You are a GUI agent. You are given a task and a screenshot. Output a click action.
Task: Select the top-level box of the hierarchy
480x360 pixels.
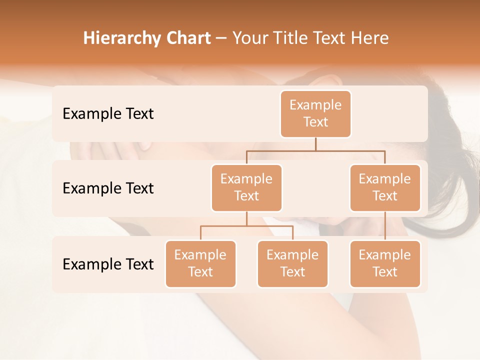click(315, 114)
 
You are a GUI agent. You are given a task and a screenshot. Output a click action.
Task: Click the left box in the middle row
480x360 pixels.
click(246, 188)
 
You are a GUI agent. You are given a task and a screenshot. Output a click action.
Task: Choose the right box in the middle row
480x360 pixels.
click(385, 188)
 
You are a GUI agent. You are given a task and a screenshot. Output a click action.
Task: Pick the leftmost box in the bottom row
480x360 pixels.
click(200, 264)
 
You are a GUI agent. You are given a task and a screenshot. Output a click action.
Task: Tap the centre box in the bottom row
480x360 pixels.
click(292, 264)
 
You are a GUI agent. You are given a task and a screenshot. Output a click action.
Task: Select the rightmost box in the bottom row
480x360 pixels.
click(385, 264)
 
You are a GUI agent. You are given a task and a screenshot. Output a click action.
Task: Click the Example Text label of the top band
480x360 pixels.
click(108, 114)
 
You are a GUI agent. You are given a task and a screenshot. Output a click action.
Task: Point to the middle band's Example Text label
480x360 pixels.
click(108, 188)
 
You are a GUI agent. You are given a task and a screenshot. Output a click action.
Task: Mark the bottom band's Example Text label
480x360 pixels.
click(108, 264)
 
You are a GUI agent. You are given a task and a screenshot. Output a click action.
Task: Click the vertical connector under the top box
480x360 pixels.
click(315, 144)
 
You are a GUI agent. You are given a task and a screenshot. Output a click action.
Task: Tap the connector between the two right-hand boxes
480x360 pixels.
click(385, 226)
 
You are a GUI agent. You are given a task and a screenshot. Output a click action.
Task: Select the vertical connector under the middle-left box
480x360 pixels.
click(246, 219)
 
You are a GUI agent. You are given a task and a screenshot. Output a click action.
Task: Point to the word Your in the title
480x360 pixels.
click(249, 38)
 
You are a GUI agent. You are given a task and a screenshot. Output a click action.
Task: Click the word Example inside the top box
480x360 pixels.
click(315, 105)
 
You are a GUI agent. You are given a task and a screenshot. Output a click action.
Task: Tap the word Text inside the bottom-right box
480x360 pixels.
click(385, 272)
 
